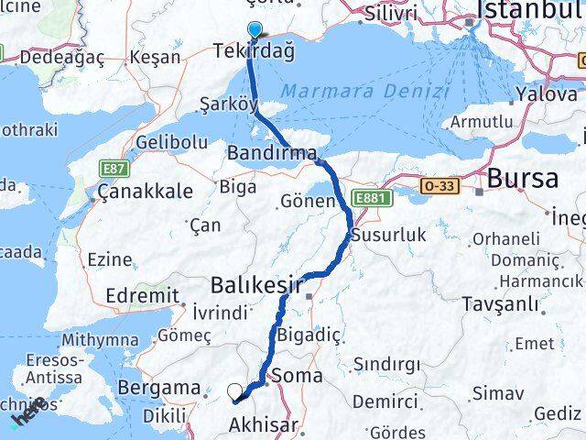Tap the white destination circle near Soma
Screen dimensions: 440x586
pos(234,392)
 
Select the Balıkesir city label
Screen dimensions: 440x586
pos(255,285)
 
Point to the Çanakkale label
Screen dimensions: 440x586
pos(146,191)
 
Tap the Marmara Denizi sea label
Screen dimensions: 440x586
pos(366,92)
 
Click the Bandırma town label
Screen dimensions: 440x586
pos(273,151)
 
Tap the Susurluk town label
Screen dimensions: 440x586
pos(390,235)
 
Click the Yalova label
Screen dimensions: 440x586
pos(546,93)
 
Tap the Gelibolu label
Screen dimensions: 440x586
pos(165,143)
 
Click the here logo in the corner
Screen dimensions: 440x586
pos(27,412)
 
